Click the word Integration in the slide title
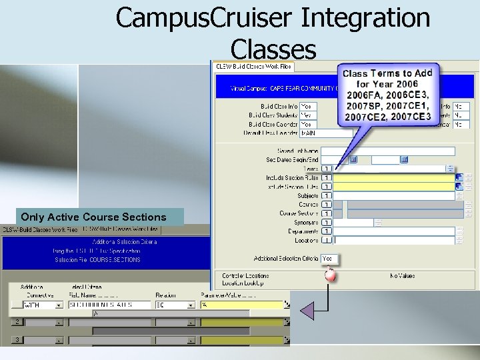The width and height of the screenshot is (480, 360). point(365,17)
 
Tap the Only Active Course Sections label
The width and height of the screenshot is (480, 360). point(93,217)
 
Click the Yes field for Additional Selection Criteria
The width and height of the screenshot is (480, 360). point(329,258)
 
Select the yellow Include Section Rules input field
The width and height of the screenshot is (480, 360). point(393,178)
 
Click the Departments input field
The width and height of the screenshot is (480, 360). point(393,231)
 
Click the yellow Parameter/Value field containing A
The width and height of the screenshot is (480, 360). point(243,305)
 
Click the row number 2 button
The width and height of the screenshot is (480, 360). point(17,322)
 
